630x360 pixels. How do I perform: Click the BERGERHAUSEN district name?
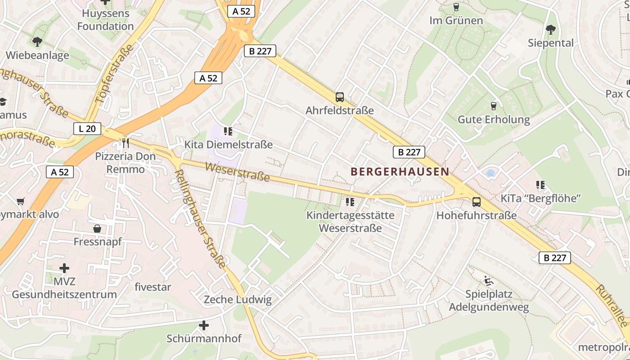[x=400, y=171]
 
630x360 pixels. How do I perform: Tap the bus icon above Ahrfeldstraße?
[x=340, y=97]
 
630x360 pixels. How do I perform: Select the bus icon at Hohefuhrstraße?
[x=477, y=202]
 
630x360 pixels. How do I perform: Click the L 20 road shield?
[x=87, y=129]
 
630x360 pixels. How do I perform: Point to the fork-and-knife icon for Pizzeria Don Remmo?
[x=126, y=143]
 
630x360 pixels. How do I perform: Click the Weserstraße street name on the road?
[x=237, y=172]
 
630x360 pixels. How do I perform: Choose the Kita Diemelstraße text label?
[x=229, y=145]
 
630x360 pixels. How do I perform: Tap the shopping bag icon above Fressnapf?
[x=97, y=229]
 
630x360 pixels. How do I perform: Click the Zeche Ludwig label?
[x=238, y=300]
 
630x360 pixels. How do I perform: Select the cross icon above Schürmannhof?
[x=204, y=325]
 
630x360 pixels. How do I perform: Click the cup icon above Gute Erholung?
[x=494, y=106]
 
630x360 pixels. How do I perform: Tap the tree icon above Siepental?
[x=550, y=30]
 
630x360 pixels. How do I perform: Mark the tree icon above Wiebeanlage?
[x=37, y=42]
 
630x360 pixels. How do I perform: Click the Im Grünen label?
[x=456, y=21]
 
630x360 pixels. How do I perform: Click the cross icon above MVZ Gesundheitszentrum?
[x=64, y=268]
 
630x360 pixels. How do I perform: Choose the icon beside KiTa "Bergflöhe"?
[x=540, y=184]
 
